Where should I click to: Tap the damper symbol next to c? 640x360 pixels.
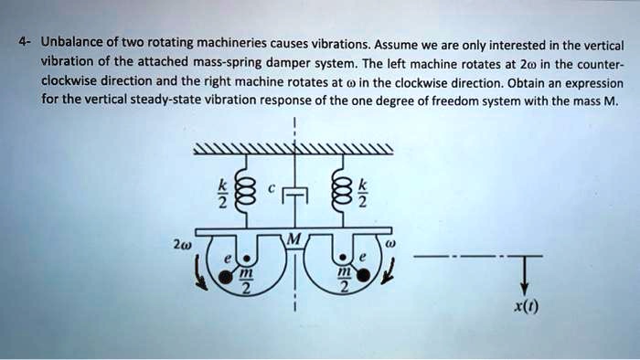[294, 194]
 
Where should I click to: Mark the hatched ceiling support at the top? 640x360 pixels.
[293, 151]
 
